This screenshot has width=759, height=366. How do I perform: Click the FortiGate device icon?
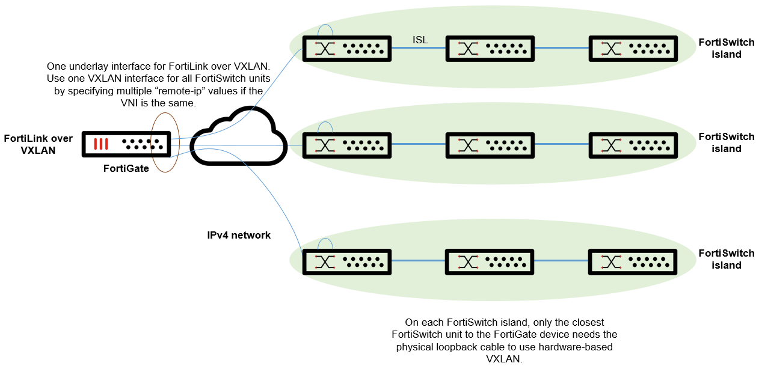[126, 145]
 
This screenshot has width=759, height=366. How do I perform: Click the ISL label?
[420, 40]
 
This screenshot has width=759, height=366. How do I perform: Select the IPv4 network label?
[239, 235]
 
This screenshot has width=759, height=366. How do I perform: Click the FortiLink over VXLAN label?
[38, 144]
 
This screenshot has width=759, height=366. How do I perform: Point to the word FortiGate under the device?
[126, 169]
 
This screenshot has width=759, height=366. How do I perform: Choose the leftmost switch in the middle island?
[347, 145]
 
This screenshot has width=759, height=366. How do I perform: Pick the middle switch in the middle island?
[490, 145]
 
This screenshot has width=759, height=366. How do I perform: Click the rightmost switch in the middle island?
[633, 145]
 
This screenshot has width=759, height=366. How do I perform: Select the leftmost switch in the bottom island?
[347, 261]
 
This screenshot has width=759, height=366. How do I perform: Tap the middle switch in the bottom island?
[490, 261]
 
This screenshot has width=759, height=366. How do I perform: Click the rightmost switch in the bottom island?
[633, 261]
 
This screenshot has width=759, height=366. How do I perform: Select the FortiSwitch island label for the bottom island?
[726, 259]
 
